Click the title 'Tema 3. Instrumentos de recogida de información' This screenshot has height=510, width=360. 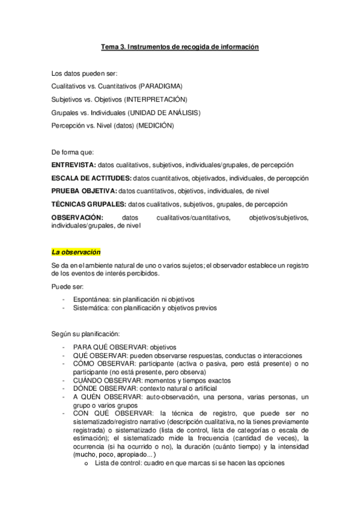click(179, 46)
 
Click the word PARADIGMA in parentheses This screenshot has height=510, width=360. click(161, 87)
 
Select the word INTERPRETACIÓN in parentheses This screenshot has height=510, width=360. click(157, 99)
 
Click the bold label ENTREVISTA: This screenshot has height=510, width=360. click(73, 165)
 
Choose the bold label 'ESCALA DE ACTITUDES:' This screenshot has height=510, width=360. click(91, 178)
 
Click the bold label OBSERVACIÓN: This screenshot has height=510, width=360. click(78, 217)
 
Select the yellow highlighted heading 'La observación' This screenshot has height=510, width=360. click(76, 251)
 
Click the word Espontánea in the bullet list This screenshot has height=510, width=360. click(92, 299)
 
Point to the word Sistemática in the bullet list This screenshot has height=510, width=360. click(92, 308)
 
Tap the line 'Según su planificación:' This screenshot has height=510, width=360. click(86, 333)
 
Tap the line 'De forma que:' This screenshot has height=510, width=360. click(73, 152)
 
